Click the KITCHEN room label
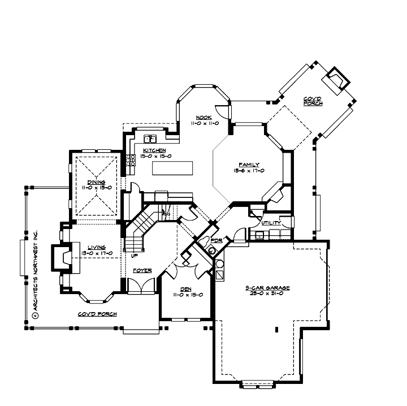click(x=154, y=150)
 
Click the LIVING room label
click(x=93, y=247)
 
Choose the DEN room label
click(x=187, y=288)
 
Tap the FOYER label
click(x=142, y=271)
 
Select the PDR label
click(x=215, y=240)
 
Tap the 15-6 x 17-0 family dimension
click(x=249, y=170)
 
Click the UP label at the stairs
click(x=135, y=256)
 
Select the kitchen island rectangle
click(x=176, y=169)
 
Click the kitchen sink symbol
click(x=150, y=139)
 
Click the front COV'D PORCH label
click(x=97, y=313)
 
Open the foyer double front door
click(x=140, y=286)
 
